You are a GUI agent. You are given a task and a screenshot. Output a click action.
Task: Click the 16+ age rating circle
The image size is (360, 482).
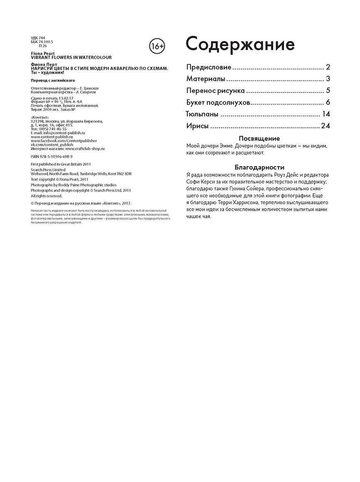[x=157, y=45]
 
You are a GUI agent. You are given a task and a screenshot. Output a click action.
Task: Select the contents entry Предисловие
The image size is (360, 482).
[x=208, y=67]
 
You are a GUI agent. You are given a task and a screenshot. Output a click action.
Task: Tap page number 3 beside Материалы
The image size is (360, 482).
[x=328, y=79]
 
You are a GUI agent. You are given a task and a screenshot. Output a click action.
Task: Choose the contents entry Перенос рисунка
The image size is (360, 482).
[x=215, y=91]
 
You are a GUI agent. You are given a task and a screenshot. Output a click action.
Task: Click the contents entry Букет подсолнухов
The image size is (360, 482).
[x=217, y=102]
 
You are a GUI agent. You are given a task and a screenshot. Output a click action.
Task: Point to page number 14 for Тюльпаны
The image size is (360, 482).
[x=326, y=114]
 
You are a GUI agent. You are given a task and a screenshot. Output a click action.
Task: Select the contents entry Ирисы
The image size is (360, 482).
[x=197, y=126]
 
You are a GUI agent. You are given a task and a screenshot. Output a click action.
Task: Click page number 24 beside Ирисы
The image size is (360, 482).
[x=325, y=126]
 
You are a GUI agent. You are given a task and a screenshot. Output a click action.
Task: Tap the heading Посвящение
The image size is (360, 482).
[x=260, y=139]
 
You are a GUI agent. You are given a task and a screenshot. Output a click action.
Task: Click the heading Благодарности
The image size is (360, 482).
[x=260, y=168]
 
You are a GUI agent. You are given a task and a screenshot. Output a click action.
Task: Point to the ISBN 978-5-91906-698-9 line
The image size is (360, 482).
[x=52, y=156]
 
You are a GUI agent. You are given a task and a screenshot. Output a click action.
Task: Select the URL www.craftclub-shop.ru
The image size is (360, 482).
[x=85, y=148]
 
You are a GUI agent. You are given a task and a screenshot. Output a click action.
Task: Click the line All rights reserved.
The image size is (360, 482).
[x=47, y=196]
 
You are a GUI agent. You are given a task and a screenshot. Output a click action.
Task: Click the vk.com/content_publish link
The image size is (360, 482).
[x=52, y=144]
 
